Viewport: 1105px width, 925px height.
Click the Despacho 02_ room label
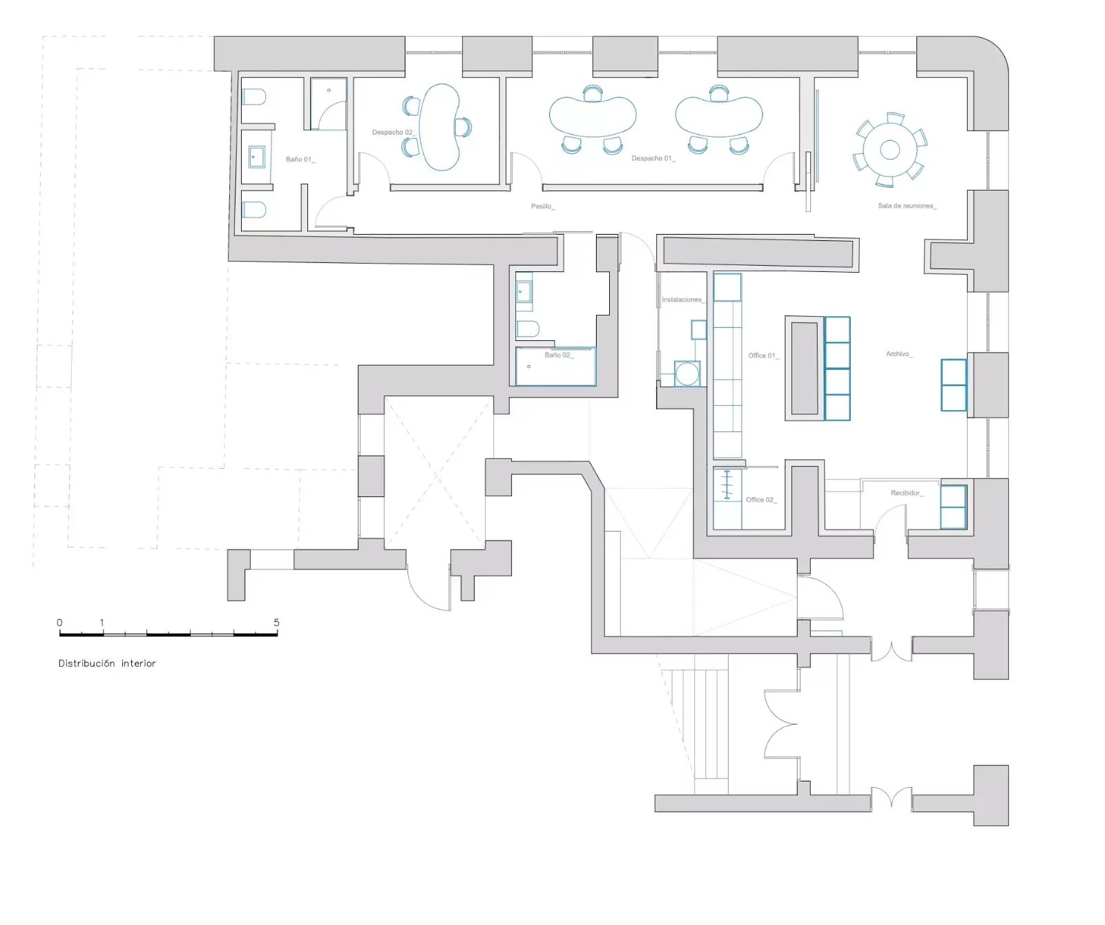(x=392, y=133)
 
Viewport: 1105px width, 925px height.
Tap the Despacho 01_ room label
(x=653, y=159)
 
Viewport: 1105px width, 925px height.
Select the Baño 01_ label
(x=300, y=159)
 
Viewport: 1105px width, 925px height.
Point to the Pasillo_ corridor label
(x=543, y=206)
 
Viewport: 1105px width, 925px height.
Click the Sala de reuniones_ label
(x=907, y=206)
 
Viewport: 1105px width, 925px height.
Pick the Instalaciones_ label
(x=683, y=300)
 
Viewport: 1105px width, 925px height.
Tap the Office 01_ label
(x=764, y=356)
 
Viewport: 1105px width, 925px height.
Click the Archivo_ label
(x=899, y=354)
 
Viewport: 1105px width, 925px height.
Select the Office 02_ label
(x=761, y=500)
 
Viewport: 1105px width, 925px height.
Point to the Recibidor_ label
(x=907, y=493)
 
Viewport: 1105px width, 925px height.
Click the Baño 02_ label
(x=559, y=356)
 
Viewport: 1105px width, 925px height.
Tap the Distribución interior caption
(x=107, y=663)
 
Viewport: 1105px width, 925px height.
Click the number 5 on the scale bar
(x=276, y=622)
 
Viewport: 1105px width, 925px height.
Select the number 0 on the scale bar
(x=59, y=623)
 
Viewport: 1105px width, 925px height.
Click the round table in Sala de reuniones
(x=890, y=150)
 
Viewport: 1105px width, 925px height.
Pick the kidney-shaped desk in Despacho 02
(x=440, y=127)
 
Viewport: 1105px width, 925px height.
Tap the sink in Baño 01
(x=257, y=157)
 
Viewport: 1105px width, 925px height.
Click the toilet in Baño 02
(x=527, y=329)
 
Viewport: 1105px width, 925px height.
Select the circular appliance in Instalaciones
(x=687, y=374)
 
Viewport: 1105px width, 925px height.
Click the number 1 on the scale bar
(x=102, y=623)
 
